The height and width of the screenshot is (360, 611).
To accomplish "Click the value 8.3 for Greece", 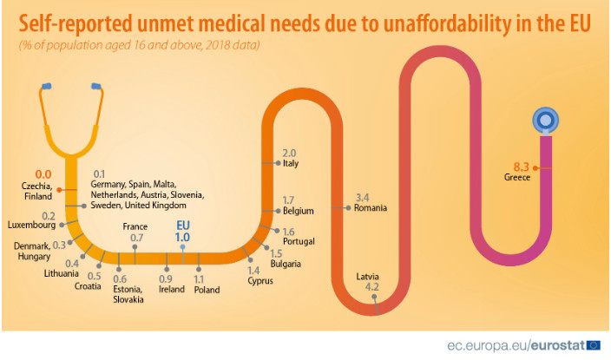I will [x=522, y=166].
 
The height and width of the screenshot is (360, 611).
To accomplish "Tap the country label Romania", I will [x=370, y=208].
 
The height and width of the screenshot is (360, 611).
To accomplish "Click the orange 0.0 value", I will [x=43, y=173].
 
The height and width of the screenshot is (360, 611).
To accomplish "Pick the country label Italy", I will [x=291, y=163].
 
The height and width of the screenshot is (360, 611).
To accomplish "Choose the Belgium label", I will [x=298, y=211].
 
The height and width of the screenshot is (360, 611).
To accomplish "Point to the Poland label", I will [x=207, y=289].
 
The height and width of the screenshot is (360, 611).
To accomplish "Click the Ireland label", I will [x=171, y=289].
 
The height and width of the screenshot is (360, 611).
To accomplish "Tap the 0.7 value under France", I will [x=136, y=237].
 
